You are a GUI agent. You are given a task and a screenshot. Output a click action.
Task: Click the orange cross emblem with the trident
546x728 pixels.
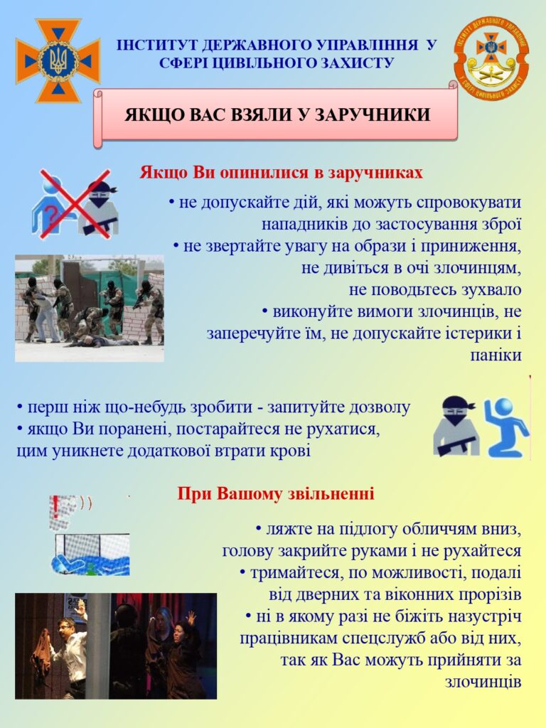(x=58, y=60)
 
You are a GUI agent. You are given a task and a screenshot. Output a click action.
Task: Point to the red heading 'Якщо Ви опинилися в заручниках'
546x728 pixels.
(x=282, y=172)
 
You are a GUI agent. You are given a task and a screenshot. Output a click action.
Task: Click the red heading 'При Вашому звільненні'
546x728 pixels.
(x=276, y=493)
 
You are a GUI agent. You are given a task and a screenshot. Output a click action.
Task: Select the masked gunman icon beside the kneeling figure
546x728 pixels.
(x=455, y=427)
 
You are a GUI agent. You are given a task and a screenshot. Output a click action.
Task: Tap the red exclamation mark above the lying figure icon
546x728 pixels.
(x=55, y=507)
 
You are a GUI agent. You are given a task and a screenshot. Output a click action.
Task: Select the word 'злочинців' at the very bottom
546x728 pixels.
(x=483, y=682)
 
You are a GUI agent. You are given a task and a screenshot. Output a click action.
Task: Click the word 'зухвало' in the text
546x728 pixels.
(x=491, y=290)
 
